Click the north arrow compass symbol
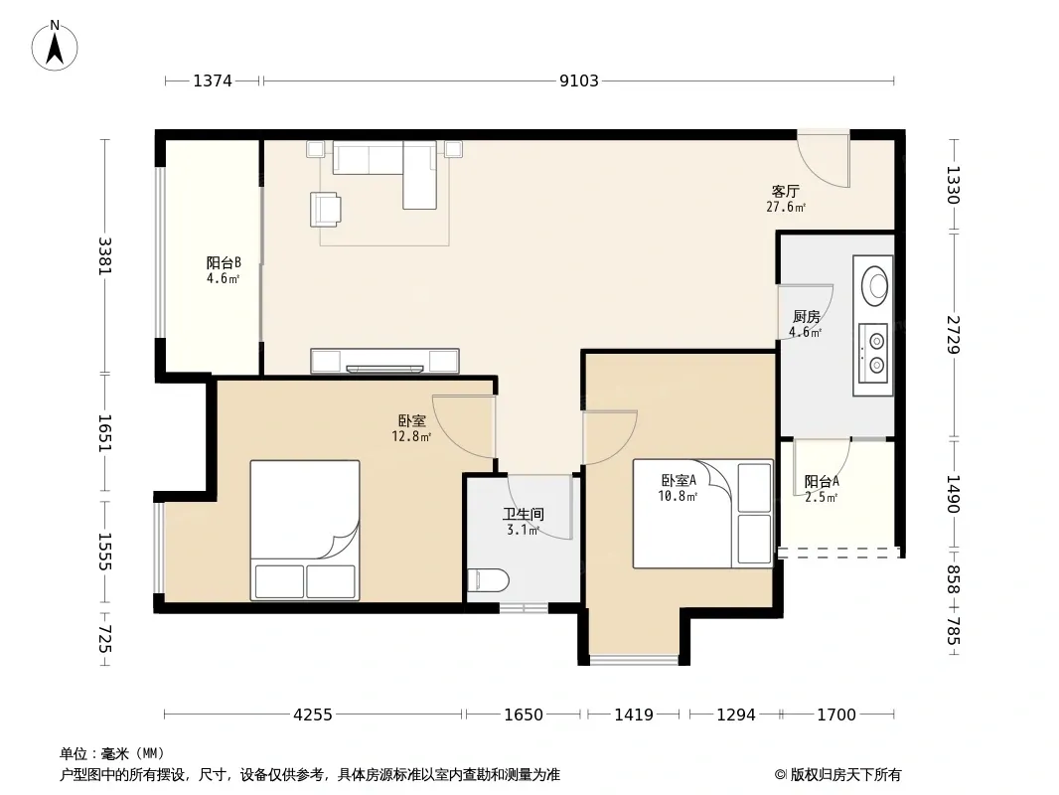tap(55, 46)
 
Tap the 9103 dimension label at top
tap(579, 81)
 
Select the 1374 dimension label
tap(213, 81)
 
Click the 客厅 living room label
tap(786, 191)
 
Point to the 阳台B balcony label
tap(224, 262)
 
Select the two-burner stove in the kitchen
tap(873, 355)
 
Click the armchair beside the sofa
tap(326, 209)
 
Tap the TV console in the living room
tap(385, 361)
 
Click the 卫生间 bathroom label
tap(524, 514)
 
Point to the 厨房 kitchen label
tap(807, 316)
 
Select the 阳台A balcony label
tap(822, 482)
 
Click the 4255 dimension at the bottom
tap(313, 715)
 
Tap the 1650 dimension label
tap(524, 715)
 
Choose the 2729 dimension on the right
tap(953, 334)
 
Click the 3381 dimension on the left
tap(104, 256)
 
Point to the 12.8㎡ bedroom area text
tap(411, 437)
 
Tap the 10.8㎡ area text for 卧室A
tap(678, 497)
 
